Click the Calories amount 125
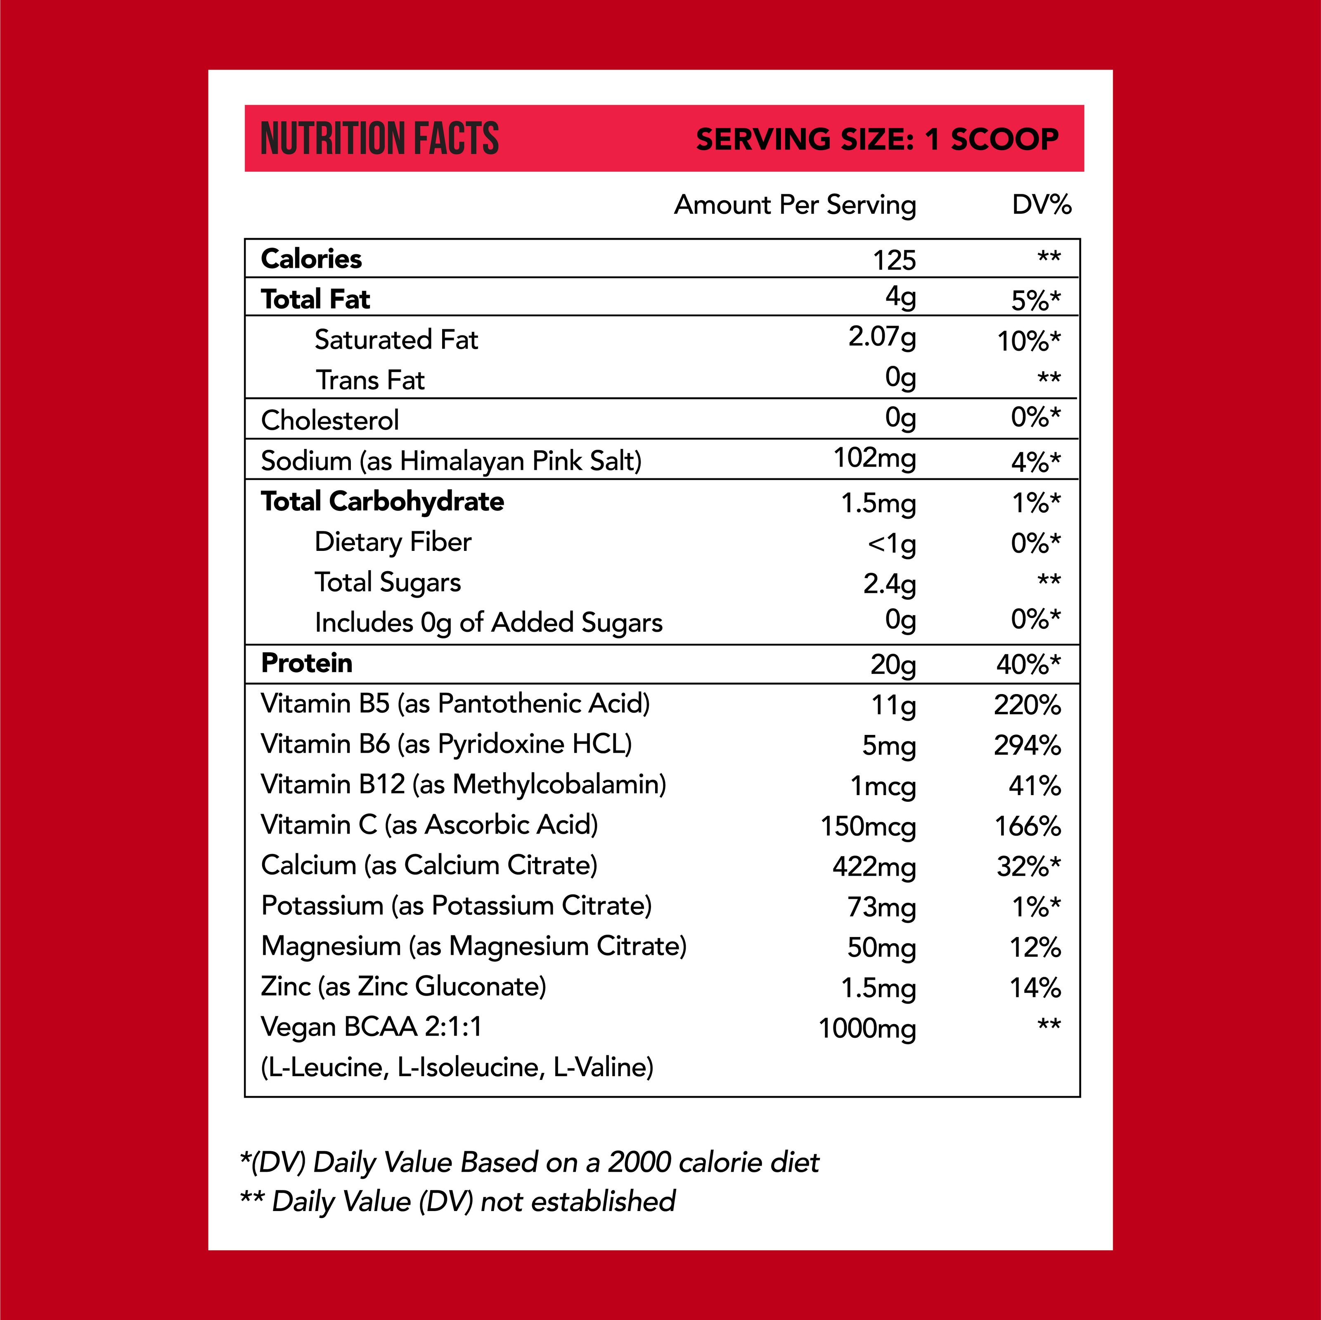pos(894,260)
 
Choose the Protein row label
pos(307,663)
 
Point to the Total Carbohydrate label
pos(382,502)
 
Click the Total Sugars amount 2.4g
pos(889,584)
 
